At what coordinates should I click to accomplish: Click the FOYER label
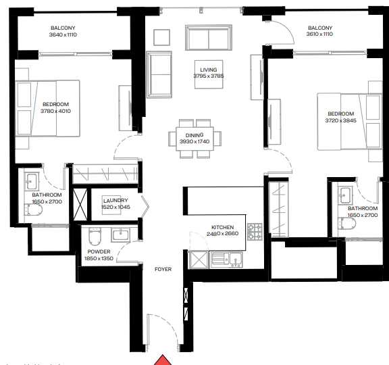163,269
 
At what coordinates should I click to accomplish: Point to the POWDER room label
99,252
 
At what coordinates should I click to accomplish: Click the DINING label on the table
195,135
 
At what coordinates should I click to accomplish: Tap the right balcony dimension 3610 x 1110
321,34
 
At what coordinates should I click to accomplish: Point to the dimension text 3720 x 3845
340,120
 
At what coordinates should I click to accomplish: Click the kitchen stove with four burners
255,233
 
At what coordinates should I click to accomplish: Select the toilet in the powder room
95,237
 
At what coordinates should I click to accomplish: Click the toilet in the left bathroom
33,211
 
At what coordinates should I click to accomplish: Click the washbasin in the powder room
121,235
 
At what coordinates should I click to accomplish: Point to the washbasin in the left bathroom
32,180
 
